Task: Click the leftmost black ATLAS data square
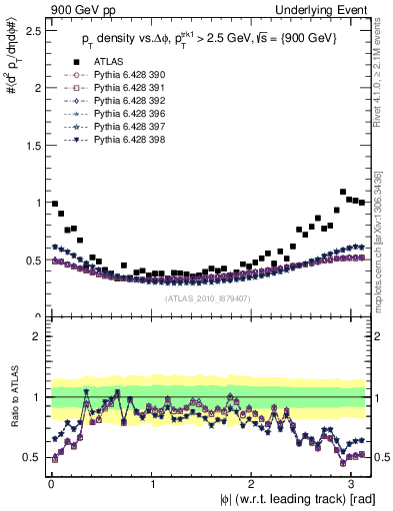coord(54,203)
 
